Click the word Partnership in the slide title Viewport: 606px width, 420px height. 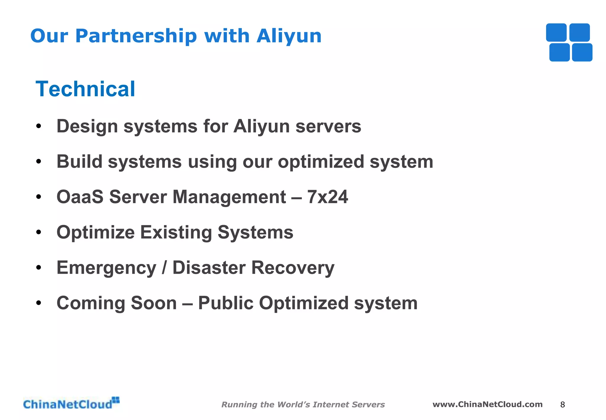coord(136,36)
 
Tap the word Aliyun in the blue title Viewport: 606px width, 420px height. coord(289,36)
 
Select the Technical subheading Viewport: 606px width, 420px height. coord(85,89)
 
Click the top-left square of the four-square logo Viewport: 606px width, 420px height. coord(556,33)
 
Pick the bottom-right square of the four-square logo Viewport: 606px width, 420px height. coord(582,52)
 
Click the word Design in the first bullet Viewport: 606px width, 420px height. coord(87,126)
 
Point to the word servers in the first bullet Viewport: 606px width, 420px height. coord(328,126)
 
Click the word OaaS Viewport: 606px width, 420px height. coord(80,197)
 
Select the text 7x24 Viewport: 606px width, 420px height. coord(328,197)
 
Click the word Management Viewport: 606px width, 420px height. coord(229,197)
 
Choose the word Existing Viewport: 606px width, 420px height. coord(176,232)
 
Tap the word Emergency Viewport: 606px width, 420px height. coord(106,268)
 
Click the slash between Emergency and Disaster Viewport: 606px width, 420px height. coord(164,268)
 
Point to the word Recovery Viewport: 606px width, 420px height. coord(293,268)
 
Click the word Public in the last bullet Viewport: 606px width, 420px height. coord(225,303)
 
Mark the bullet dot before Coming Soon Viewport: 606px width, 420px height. coord(38,303)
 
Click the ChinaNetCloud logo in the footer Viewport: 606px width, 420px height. coord(71,404)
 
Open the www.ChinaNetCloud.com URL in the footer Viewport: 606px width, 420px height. coord(487,404)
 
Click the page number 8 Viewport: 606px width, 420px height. coord(563,405)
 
